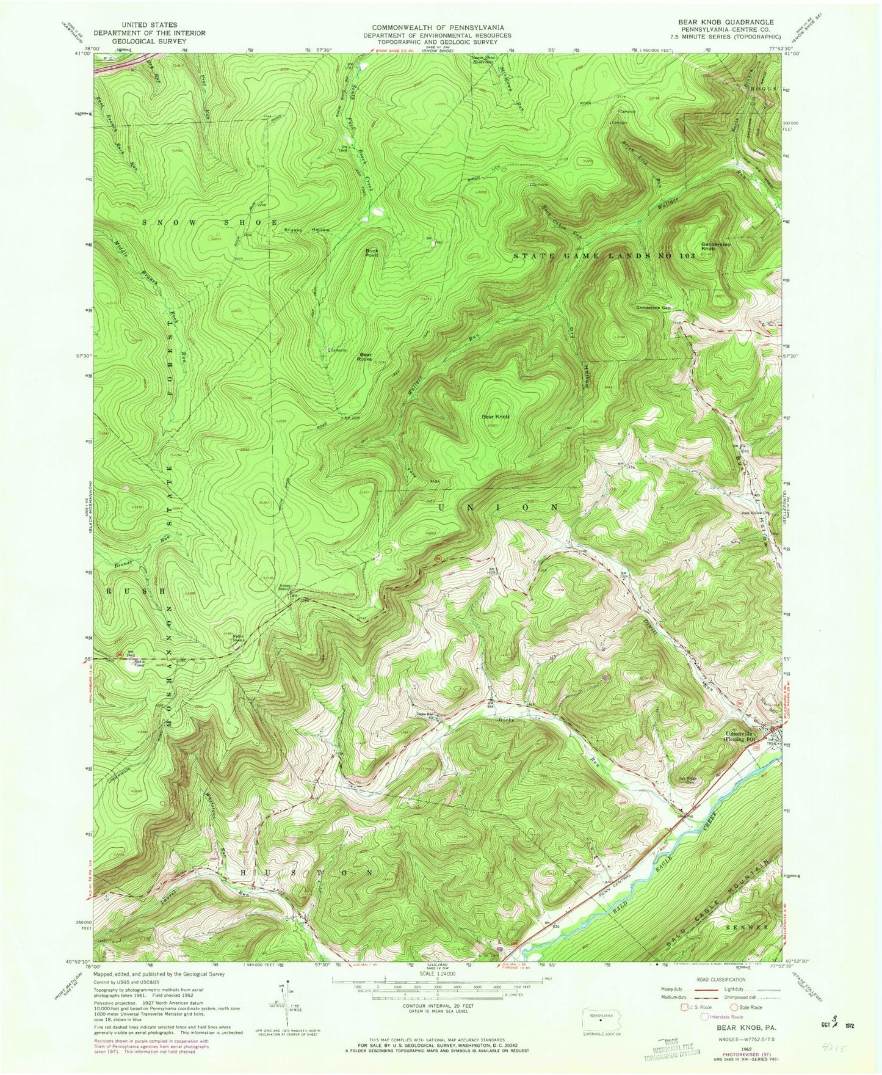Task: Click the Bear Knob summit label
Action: tap(495, 417)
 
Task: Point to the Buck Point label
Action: tap(372, 252)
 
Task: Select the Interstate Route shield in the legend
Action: tap(704, 1016)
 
